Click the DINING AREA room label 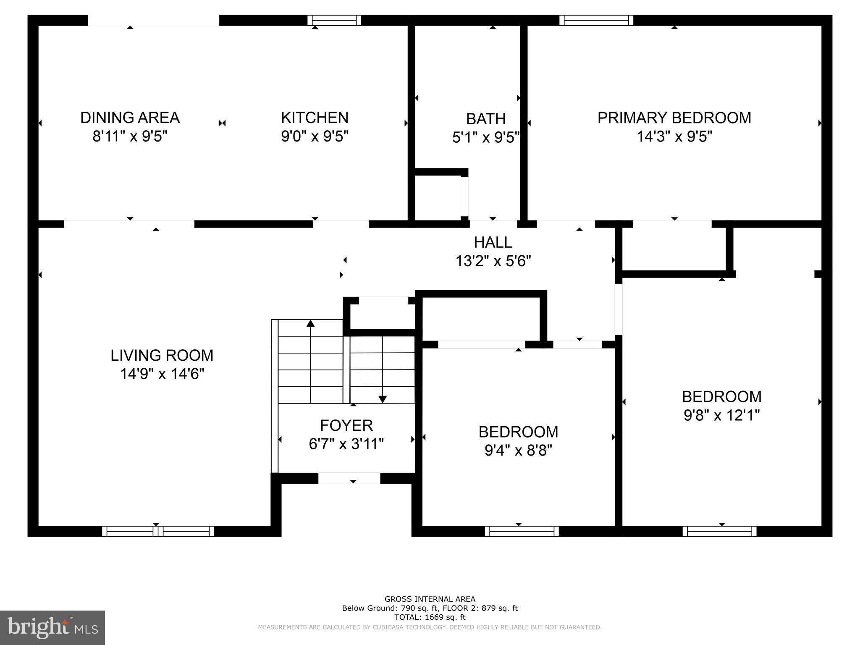point(130,118)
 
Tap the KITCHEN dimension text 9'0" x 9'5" point(315,136)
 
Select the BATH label point(485,119)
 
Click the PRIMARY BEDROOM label point(674,118)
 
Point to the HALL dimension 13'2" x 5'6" point(493,261)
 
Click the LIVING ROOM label point(162,356)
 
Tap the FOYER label point(346,425)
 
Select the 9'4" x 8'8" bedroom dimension point(518,451)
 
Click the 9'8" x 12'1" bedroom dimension point(721,415)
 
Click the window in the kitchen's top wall point(334,20)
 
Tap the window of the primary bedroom point(596,20)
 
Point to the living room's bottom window point(158,531)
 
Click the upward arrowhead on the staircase point(310,323)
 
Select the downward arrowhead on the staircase point(382,399)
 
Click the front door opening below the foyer point(349,478)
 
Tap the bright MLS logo point(52,627)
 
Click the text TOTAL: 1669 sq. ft point(430,617)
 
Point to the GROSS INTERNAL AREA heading point(430,599)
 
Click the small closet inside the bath point(437,197)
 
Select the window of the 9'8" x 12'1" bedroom point(719,531)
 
